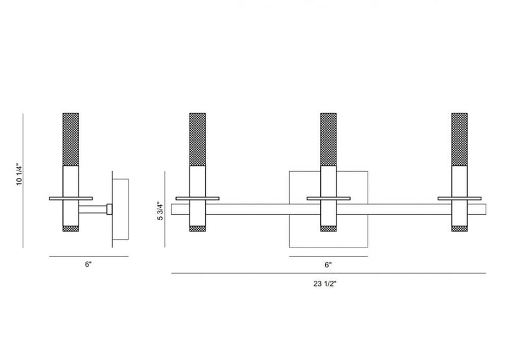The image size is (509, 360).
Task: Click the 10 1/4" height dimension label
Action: point(20,175)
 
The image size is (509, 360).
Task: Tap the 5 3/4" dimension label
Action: point(160,211)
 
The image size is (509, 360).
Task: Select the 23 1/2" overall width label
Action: point(325,284)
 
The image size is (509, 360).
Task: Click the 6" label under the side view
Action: point(88,264)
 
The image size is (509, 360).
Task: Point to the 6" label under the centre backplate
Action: point(328,265)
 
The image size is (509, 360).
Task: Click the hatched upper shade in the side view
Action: point(71,139)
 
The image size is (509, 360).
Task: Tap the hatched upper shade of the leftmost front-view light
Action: point(197,139)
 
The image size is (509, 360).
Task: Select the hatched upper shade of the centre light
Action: point(328,139)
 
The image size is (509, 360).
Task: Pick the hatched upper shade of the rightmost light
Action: point(460,139)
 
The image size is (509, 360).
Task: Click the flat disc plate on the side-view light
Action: point(71,198)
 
